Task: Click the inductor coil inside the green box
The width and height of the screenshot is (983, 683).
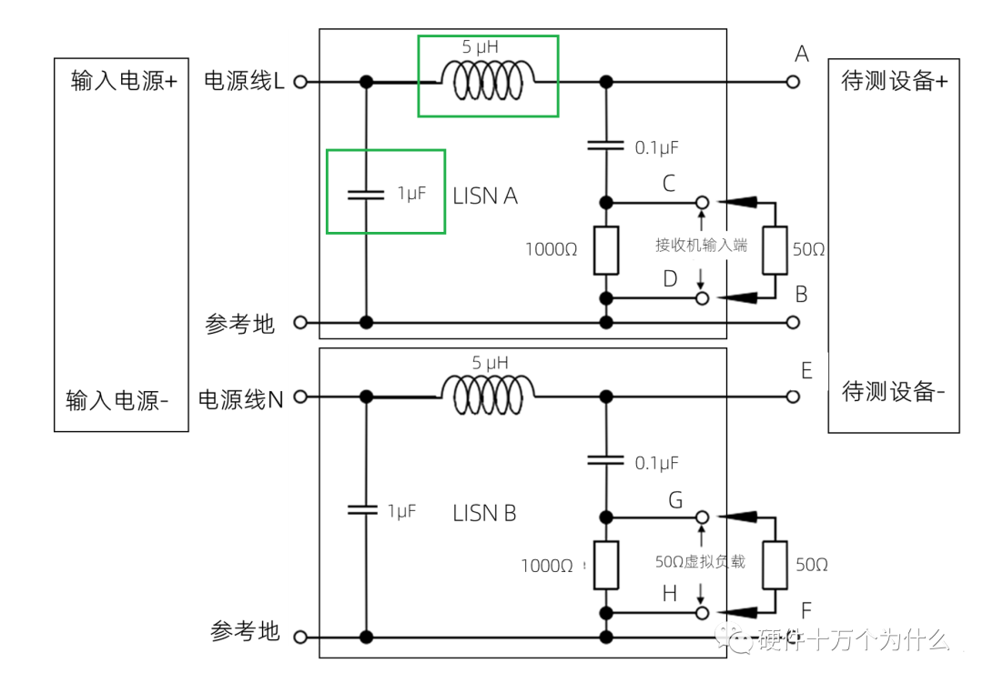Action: click(x=488, y=80)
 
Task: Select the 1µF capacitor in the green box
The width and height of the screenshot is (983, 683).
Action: click(x=366, y=194)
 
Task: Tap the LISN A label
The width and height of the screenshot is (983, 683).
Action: click(x=484, y=196)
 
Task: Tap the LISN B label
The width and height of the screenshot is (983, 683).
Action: click(x=484, y=513)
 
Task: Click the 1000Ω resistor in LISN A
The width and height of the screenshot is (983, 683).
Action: click(x=605, y=250)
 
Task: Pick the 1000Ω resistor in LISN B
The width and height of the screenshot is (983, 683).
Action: click(x=605, y=565)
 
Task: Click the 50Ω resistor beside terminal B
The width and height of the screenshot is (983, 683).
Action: click(x=774, y=250)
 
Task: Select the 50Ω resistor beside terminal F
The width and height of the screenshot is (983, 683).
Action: click(x=774, y=565)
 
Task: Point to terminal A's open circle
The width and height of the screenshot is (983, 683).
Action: click(x=793, y=82)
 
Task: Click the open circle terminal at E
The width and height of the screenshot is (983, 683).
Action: click(x=793, y=397)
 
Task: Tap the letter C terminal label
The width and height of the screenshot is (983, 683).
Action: click(x=669, y=185)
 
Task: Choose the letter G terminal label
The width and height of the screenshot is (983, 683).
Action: click(x=674, y=500)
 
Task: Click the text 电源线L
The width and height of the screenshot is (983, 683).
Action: click(x=244, y=81)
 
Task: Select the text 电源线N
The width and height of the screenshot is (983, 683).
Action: click(x=241, y=398)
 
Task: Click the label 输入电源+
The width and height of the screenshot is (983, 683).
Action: click(x=124, y=81)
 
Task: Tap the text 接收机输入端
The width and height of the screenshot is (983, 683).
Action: click(x=701, y=245)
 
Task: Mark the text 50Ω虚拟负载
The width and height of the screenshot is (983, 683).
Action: click(x=700, y=561)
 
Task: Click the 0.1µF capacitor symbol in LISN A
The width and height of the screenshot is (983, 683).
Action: click(x=605, y=145)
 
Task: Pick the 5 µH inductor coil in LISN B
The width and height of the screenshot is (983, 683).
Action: click(x=488, y=391)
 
